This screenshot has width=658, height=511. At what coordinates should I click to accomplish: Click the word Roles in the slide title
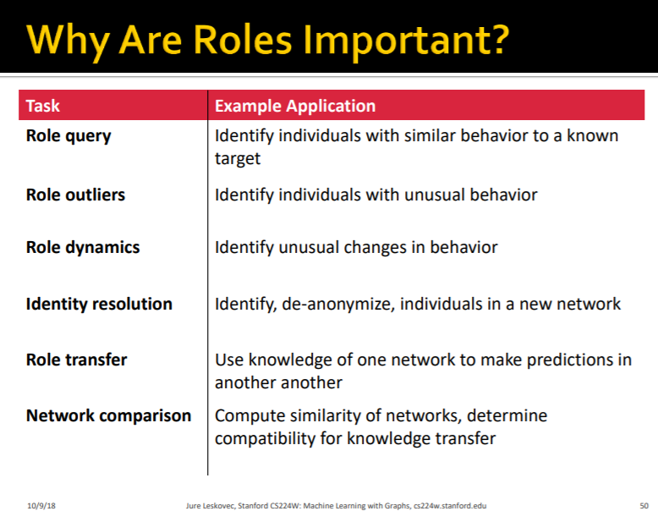coord(242,40)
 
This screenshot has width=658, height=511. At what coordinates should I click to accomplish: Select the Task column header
coord(43,106)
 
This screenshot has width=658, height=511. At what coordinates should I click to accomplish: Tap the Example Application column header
coord(295,106)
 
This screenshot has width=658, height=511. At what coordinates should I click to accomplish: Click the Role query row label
coord(69,136)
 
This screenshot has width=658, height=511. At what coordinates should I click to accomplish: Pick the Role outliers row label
coord(75,195)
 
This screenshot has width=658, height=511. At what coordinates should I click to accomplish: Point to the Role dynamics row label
coord(83,248)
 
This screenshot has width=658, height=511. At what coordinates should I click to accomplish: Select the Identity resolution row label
coord(99,304)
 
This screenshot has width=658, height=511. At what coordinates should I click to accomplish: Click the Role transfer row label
coord(76,360)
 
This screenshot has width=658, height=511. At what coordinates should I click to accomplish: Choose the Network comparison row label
coord(109,415)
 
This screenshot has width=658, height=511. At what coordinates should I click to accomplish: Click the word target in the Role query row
coord(238,159)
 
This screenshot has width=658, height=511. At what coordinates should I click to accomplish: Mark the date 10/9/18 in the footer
coord(41,506)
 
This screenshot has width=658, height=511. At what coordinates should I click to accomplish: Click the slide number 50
coord(644,506)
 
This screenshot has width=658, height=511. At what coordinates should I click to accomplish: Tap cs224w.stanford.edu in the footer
coord(450,506)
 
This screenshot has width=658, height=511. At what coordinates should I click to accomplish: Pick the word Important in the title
coord(395,41)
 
